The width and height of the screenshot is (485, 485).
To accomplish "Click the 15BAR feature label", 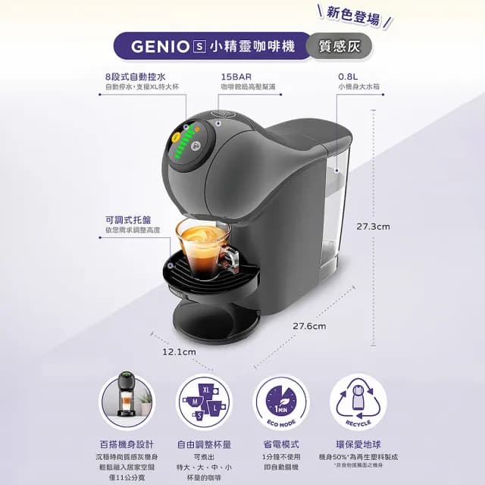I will [236, 77].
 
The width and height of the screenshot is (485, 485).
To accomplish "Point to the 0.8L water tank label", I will [349, 77].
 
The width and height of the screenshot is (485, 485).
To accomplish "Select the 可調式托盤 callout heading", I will [126, 219].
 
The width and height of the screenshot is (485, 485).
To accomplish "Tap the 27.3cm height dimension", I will [374, 226].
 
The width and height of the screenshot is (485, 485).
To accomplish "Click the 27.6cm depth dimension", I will [309, 326].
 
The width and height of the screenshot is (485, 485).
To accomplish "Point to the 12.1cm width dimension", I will [180, 352].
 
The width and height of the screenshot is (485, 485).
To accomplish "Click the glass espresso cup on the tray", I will [202, 247].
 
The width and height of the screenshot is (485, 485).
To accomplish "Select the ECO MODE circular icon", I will [281, 402].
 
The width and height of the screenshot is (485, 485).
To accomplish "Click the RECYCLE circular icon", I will [357, 402].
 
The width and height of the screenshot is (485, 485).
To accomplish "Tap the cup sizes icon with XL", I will [205, 402].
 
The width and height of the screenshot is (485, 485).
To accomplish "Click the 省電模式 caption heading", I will [281, 445].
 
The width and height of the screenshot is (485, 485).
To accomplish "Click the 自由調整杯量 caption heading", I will [205, 445].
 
